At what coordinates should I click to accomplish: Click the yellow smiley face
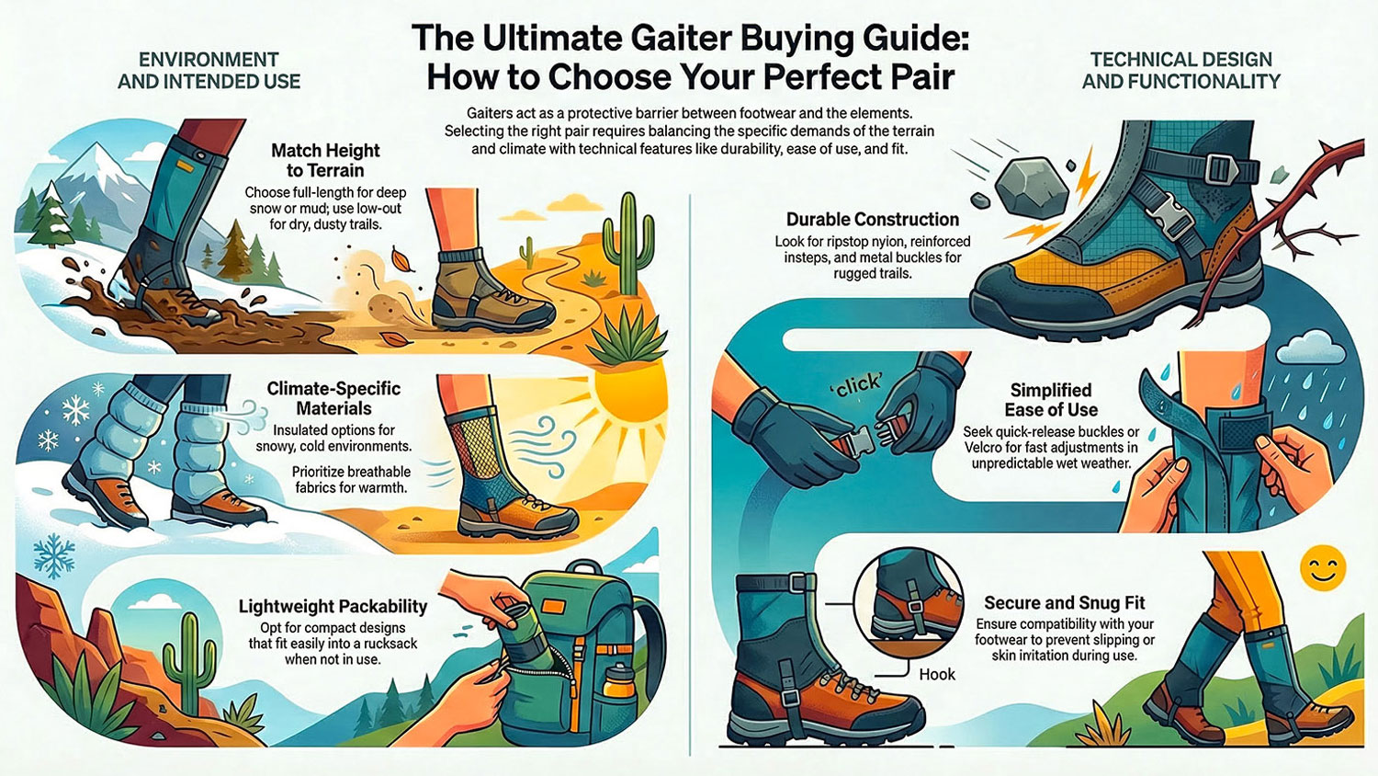coord(1323,567)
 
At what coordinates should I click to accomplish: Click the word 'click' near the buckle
coord(858,385)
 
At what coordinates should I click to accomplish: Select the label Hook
coord(937,674)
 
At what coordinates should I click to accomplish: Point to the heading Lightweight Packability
coord(333,606)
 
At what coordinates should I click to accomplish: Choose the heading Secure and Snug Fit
coord(1065,603)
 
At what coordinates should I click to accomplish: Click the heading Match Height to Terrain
coord(325,160)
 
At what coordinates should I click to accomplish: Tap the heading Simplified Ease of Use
coord(1051,400)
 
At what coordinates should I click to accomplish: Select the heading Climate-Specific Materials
coord(333,398)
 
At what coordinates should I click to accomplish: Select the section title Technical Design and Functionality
coord(1180,71)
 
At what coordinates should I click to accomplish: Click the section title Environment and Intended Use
coord(209,71)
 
